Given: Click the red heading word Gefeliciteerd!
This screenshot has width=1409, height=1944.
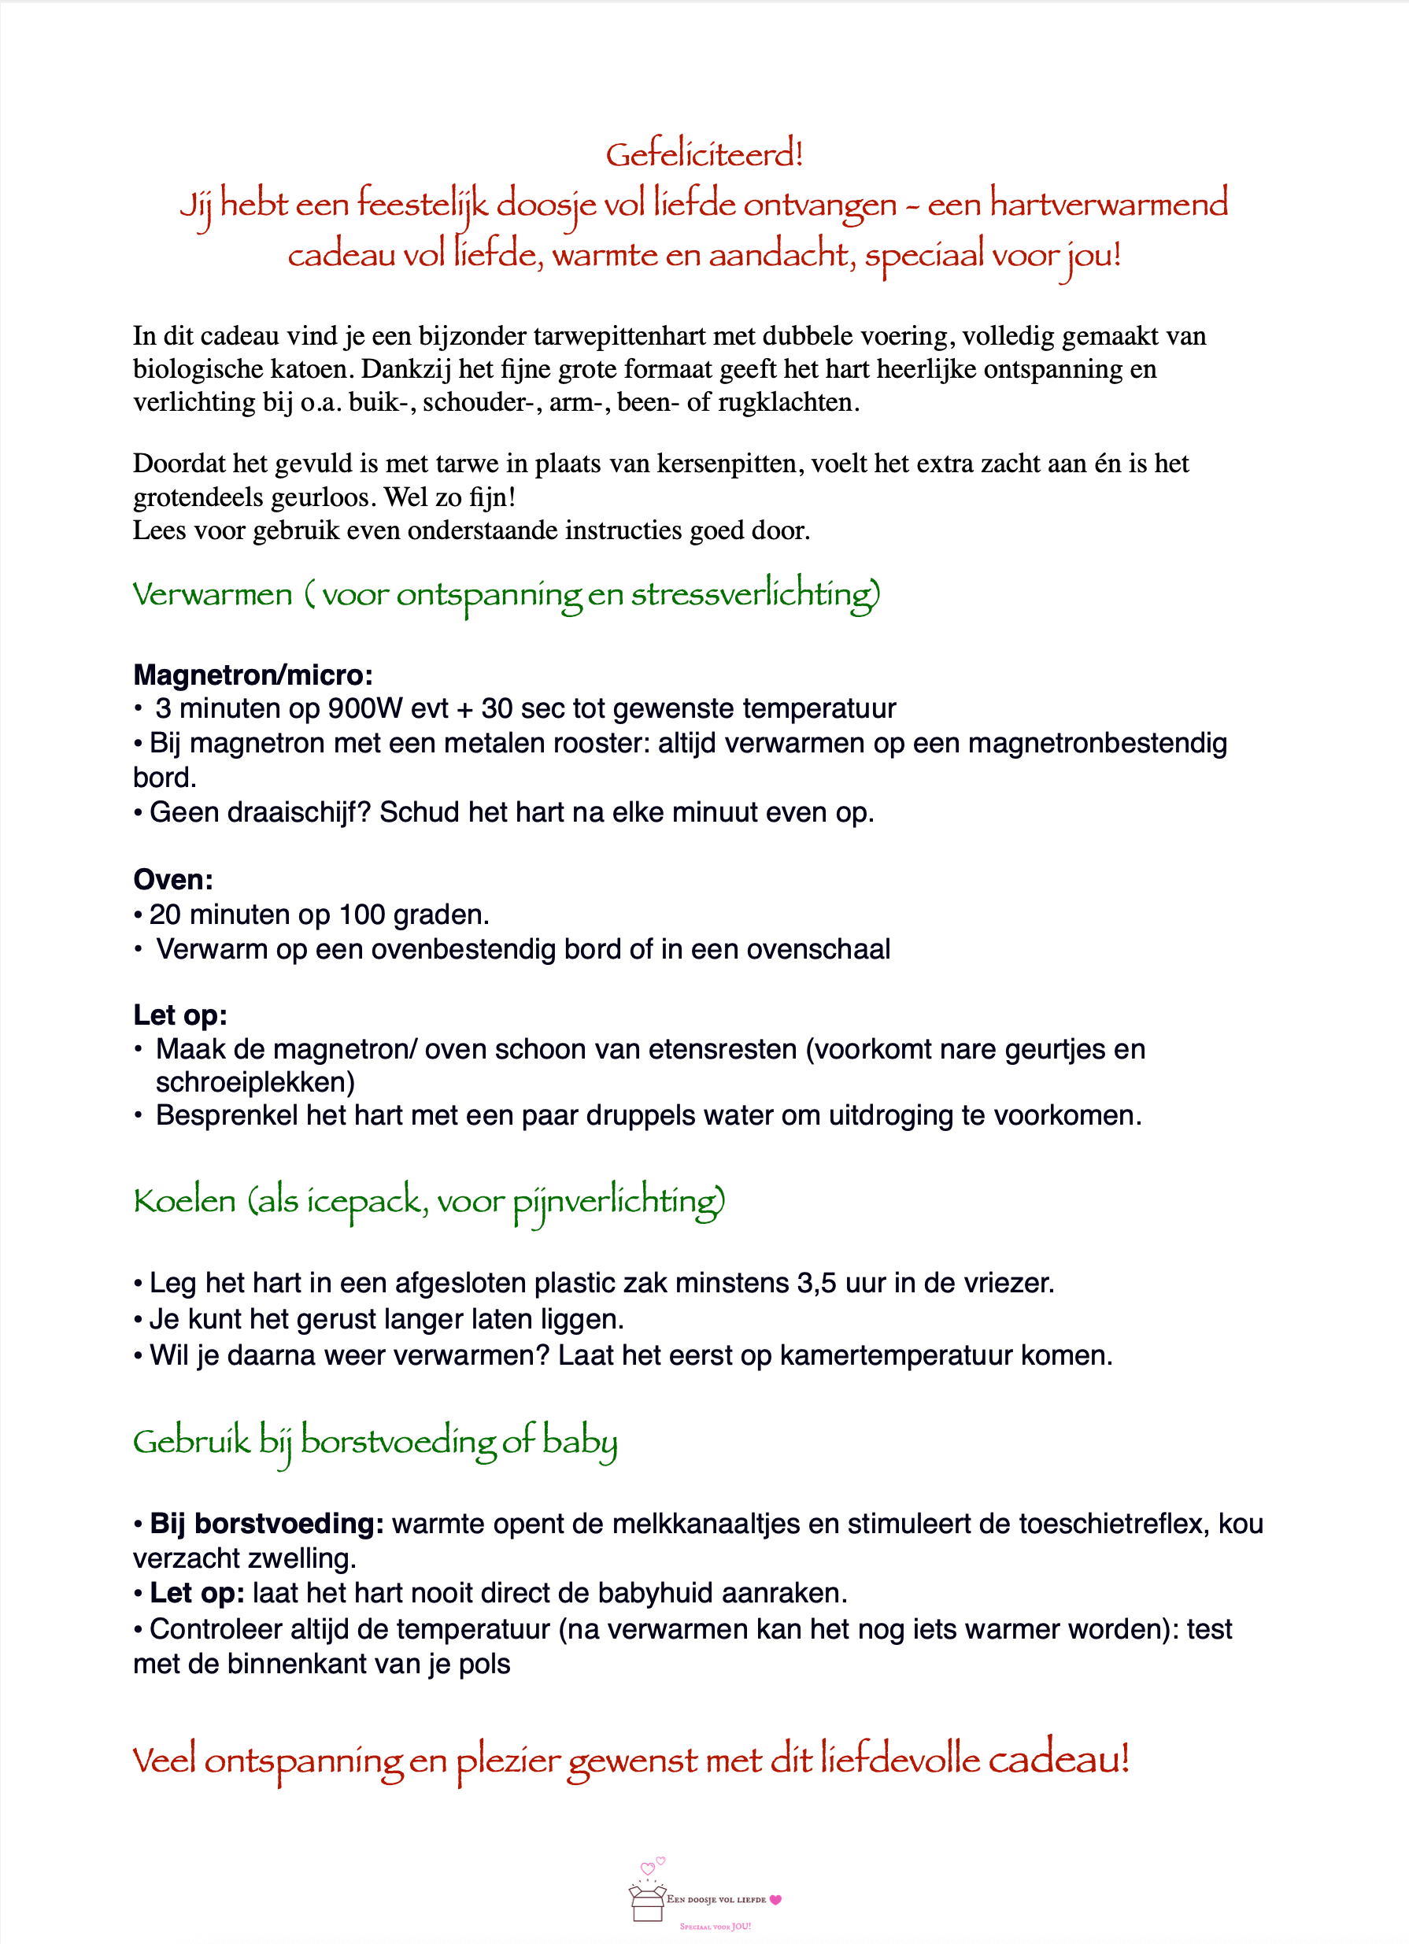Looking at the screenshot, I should (x=704, y=155).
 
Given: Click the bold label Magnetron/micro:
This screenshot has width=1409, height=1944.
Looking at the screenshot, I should (x=253, y=675).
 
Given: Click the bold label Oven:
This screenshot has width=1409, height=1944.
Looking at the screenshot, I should (x=173, y=879).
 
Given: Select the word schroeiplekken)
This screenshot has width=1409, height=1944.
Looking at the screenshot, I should (x=254, y=1082).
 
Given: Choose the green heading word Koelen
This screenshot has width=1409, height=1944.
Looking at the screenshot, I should (x=184, y=1201).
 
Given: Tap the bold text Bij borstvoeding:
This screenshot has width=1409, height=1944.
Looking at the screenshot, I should (x=267, y=1524).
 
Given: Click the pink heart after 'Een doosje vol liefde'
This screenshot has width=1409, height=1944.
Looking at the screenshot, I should (x=775, y=1899).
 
